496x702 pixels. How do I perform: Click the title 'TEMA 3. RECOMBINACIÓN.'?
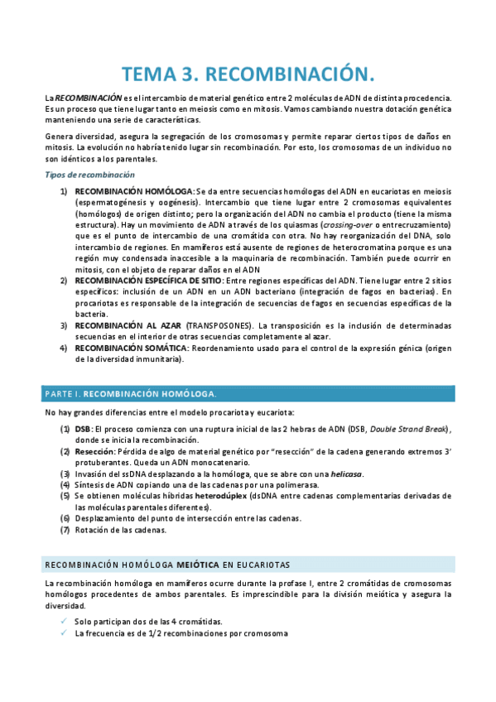(x=248, y=75)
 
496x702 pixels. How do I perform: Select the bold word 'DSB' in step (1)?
(x=83, y=429)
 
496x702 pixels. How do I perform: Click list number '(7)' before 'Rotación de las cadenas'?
(x=65, y=530)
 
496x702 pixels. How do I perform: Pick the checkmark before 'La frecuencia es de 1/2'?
(x=64, y=634)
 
